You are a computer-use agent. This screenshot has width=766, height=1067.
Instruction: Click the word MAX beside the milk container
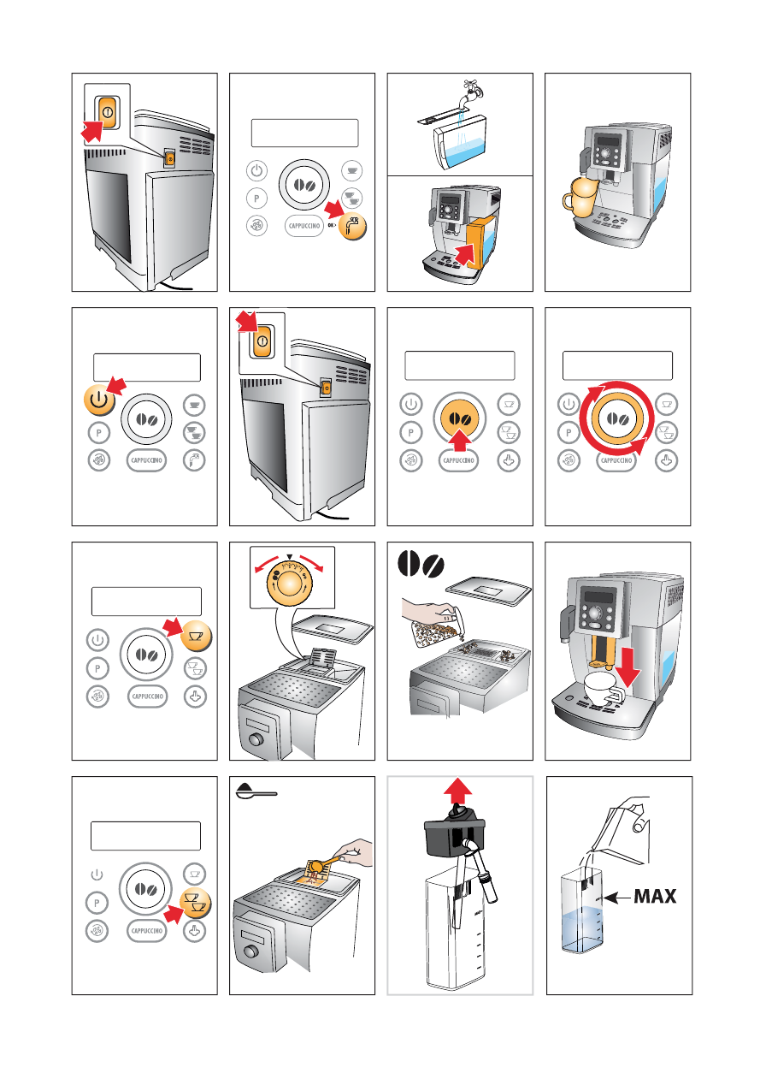click(x=655, y=897)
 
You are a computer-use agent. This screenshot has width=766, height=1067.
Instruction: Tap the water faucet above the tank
click(x=473, y=94)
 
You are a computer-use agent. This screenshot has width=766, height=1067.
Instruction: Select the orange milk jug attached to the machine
click(x=578, y=196)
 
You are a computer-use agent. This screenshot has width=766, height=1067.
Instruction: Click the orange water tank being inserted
click(x=481, y=241)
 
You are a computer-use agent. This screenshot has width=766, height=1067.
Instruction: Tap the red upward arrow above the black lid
click(x=457, y=792)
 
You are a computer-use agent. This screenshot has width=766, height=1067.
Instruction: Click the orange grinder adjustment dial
click(x=290, y=583)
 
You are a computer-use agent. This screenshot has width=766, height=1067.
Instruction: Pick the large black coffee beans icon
click(x=421, y=564)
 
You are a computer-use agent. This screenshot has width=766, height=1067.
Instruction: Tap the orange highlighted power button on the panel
click(x=99, y=400)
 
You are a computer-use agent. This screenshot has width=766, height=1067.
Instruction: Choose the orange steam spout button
click(x=352, y=226)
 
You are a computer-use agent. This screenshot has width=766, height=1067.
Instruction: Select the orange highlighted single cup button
click(x=196, y=636)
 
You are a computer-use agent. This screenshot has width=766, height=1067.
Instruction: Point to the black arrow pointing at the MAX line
click(x=617, y=898)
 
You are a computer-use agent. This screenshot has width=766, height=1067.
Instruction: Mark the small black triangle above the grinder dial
click(x=290, y=556)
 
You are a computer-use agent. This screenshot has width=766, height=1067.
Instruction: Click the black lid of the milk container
click(x=454, y=831)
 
